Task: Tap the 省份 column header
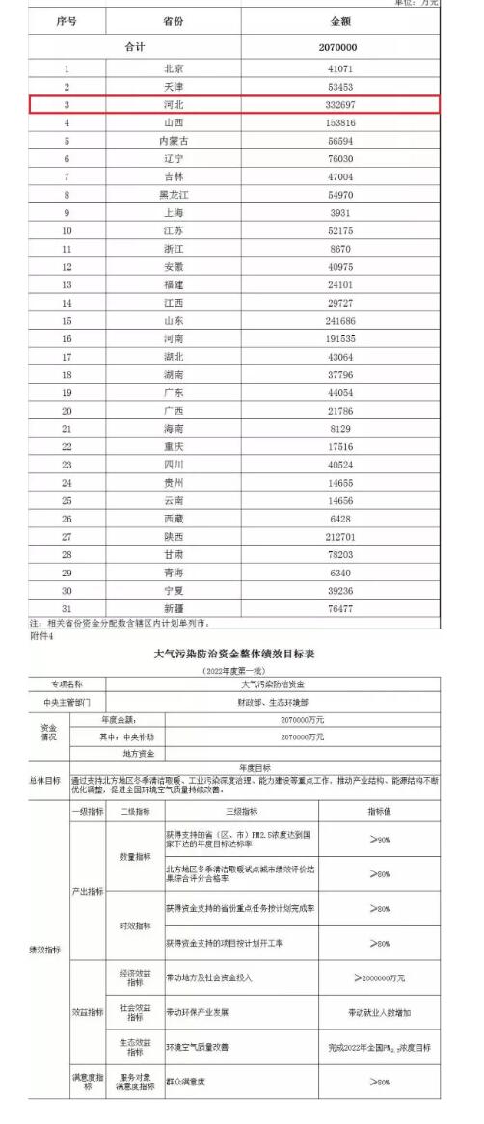pyautogui.click(x=175, y=20)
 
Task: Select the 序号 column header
pyautogui.click(x=67, y=20)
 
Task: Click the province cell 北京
pyautogui.click(x=175, y=69)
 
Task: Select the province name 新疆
pyautogui.click(x=175, y=609)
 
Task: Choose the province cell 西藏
pyautogui.click(x=175, y=519)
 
